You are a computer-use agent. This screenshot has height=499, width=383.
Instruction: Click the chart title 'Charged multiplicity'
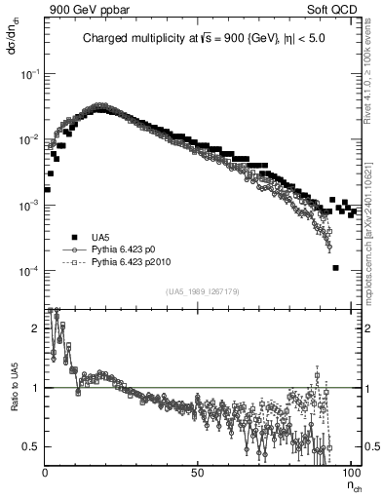click(x=146, y=38)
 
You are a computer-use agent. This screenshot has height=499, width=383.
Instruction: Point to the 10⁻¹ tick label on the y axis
click(x=28, y=74)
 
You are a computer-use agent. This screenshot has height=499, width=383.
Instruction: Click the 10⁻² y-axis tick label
click(x=28, y=139)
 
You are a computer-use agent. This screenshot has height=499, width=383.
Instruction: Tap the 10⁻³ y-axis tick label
click(x=28, y=206)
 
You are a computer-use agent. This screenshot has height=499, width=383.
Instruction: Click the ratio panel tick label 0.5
click(x=30, y=446)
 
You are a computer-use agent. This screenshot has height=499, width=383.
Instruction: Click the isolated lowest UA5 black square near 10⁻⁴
click(x=334, y=268)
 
